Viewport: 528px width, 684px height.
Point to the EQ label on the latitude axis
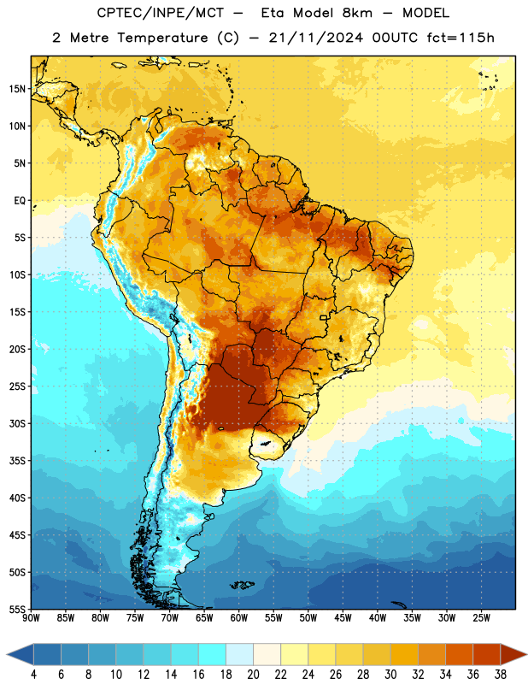(x=20, y=201)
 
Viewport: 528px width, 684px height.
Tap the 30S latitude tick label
(x=18, y=423)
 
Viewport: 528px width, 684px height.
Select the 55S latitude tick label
(x=18, y=610)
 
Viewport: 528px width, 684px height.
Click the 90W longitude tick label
(x=32, y=618)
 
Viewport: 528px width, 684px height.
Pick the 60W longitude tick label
(x=239, y=618)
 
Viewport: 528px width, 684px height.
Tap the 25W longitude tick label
(x=481, y=618)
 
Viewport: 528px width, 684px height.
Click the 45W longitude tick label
(x=343, y=618)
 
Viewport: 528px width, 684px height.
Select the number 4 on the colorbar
(x=33, y=675)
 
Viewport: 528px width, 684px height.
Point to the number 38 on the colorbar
(x=501, y=675)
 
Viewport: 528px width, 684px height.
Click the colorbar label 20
(x=253, y=675)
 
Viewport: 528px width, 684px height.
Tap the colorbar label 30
(x=390, y=675)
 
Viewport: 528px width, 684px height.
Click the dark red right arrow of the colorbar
(x=513, y=654)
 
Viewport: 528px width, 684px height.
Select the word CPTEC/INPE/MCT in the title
(x=161, y=13)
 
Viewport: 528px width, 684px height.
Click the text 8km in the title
(x=357, y=13)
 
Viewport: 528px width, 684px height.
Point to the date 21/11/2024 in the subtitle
(x=315, y=38)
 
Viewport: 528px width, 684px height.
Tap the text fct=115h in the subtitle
(x=461, y=38)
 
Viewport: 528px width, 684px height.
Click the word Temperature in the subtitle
(x=162, y=38)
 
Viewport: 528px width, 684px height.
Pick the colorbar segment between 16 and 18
(x=212, y=654)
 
